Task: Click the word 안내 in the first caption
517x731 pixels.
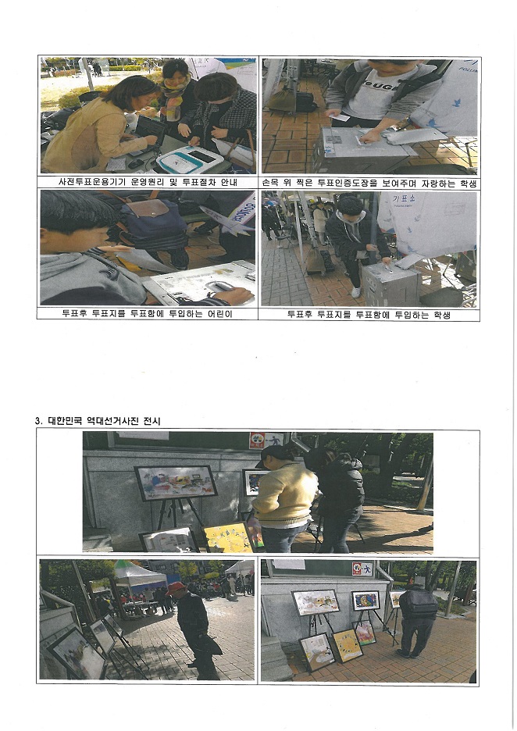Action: (x=228, y=182)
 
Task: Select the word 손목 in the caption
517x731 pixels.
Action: (x=270, y=183)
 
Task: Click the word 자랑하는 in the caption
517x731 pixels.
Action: (x=438, y=183)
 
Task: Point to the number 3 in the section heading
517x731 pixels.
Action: (x=37, y=421)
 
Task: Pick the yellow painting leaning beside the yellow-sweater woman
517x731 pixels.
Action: (x=229, y=537)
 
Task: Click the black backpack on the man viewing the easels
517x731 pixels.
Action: (x=418, y=603)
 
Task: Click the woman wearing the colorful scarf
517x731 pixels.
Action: (x=176, y=88)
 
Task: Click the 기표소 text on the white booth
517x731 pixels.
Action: (x=404, y=198)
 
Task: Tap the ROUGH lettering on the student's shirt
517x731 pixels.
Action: (x=379, y=87)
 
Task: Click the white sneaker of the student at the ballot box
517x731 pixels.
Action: (x=355, y=292)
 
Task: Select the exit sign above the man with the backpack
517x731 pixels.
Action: (x=362, y=569)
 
